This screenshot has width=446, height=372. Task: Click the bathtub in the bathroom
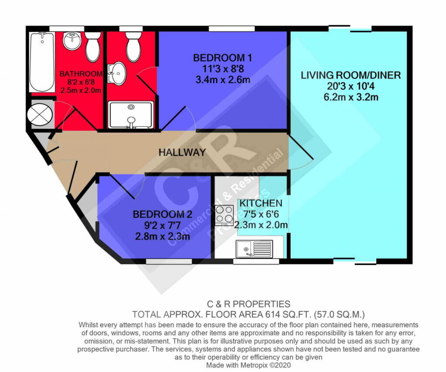[42, 62]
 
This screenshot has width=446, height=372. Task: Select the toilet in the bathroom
[93, 46]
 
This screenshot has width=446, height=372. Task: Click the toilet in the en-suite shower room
[133, 47]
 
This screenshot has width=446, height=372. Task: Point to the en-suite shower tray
[131, 115]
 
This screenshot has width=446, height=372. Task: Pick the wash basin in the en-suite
[117, 73]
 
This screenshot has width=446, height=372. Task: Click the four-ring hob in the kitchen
[224, 215]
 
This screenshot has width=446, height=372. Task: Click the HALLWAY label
[182, 152]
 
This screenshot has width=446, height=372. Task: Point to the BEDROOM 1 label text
[223, 58]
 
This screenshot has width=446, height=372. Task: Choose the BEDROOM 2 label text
[162, 214]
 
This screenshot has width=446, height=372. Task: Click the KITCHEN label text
[261, 203]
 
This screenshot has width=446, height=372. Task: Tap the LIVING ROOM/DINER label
[351, 75]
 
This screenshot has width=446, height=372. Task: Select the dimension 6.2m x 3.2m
[351, 97]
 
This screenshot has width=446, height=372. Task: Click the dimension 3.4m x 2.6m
[223, 80]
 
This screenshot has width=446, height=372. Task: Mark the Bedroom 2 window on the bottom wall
[169, 261]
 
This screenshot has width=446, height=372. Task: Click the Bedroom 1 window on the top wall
[232, 28]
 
